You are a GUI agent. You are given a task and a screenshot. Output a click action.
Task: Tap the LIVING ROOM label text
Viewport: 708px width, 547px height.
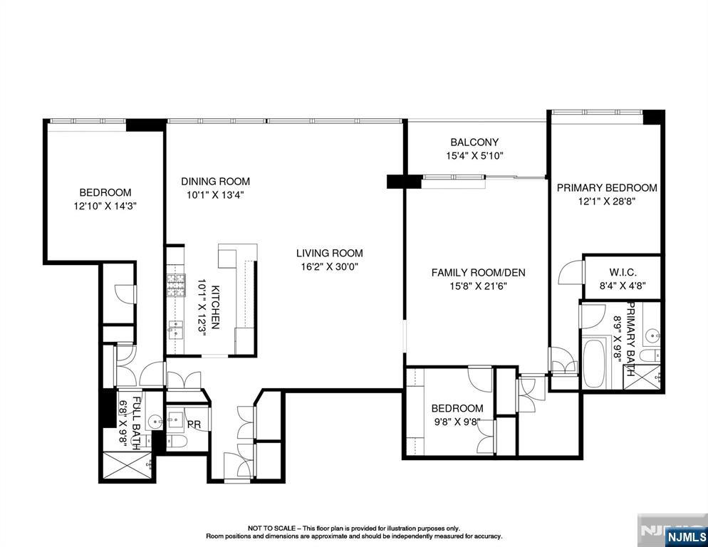coord(330,253)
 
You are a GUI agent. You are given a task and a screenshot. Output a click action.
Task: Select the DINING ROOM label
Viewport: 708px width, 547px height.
coord(215,182)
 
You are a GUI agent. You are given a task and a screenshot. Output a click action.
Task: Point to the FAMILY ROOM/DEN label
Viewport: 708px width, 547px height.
coord(478,273)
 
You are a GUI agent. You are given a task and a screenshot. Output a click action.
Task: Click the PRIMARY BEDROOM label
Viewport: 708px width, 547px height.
coord(606,188)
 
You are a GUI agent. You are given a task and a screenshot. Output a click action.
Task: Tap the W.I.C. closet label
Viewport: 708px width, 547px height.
coord(623,272)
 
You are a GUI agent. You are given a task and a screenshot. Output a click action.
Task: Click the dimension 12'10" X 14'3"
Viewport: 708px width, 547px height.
coord(105,206)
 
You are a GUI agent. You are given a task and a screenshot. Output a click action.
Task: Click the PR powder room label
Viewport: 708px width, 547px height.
coord(193,424)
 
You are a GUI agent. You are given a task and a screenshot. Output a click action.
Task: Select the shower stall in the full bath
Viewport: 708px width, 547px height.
coord(127,467)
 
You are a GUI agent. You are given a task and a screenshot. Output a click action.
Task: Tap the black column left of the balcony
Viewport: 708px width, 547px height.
coord(395,182)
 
